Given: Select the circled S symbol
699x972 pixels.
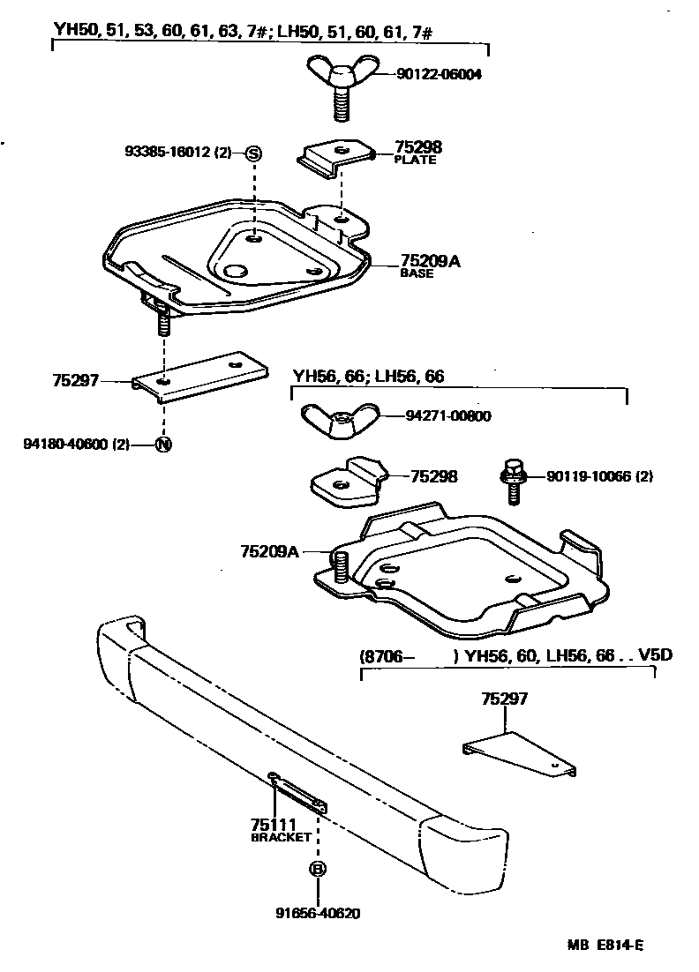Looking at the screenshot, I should click(x=253, y=153).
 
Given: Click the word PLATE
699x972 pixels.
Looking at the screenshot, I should click(x=415, y=161).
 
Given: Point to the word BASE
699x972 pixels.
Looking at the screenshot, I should click(x=417, y=273).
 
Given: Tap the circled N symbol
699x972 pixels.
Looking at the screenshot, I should click(x=163, y=445).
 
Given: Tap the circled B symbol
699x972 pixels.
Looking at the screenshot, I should click(x=318, y=869).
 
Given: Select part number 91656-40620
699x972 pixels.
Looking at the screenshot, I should click(x=319, y=914).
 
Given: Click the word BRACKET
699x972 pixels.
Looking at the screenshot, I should click(x=281, y=837).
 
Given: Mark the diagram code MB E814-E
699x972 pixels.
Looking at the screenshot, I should click(x=605, y=946).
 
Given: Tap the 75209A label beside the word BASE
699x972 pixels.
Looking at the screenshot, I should click(x=432, y=261).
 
